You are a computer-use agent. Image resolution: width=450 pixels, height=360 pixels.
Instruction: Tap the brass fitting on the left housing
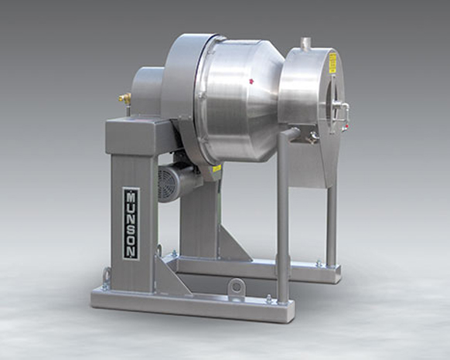[121, 98]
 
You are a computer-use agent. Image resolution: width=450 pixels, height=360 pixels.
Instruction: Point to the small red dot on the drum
[251, 79]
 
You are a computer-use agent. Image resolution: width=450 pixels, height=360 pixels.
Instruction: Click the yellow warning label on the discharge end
[332, 62]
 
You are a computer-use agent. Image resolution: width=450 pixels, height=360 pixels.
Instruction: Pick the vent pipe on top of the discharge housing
[305, 43]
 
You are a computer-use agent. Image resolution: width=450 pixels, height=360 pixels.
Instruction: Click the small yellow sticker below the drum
[217, 168]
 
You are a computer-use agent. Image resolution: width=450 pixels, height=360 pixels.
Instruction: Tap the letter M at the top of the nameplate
[131, 195]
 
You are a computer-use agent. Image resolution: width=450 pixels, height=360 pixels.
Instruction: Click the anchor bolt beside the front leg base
[269, 300]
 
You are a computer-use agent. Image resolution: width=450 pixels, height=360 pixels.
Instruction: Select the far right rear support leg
[331, 224]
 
